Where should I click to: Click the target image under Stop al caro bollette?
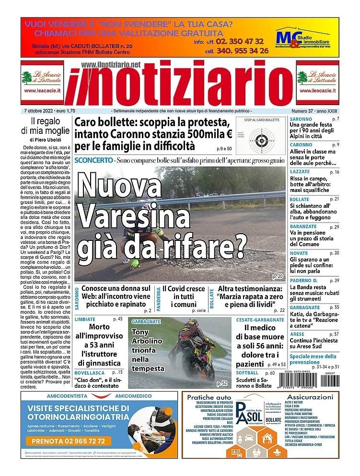261,141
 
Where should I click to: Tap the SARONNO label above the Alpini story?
301,119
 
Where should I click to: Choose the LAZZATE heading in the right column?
300,172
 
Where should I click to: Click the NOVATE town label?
299,253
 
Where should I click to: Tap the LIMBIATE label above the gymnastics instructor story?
85,319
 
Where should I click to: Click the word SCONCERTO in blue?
94,159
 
